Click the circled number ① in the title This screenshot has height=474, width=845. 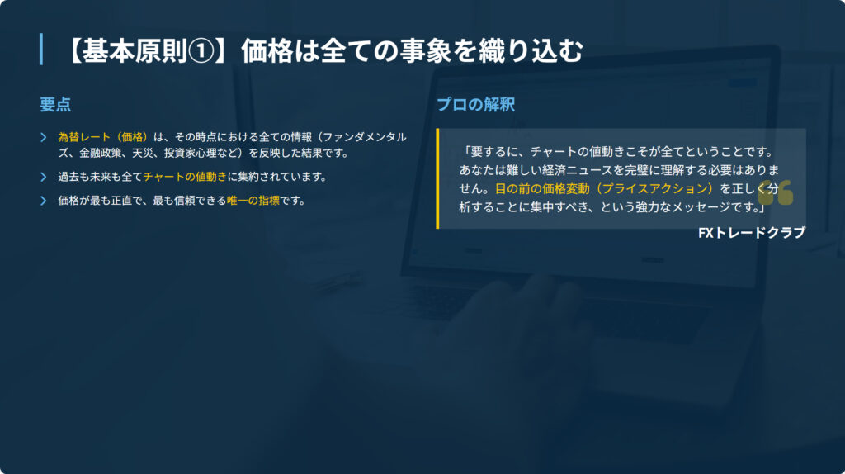[201, 52]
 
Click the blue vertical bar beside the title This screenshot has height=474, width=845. [41, 50]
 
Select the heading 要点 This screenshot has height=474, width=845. [55, 105]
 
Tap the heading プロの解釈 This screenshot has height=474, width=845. [476, 105]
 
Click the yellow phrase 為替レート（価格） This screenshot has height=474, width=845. [103, 137]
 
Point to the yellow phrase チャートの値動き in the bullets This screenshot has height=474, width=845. [185, 177]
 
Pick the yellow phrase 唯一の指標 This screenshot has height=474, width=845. [253, 201]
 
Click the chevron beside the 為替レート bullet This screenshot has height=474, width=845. [44, 138]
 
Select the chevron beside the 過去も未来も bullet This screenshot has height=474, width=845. [44, 177]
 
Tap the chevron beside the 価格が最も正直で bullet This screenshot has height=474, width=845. [44, 201]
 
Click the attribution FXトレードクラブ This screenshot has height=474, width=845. [752, 232]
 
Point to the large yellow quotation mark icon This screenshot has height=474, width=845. [776, 193]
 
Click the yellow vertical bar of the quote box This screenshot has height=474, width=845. [437, 178]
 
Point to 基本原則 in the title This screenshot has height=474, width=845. [135, 52]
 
